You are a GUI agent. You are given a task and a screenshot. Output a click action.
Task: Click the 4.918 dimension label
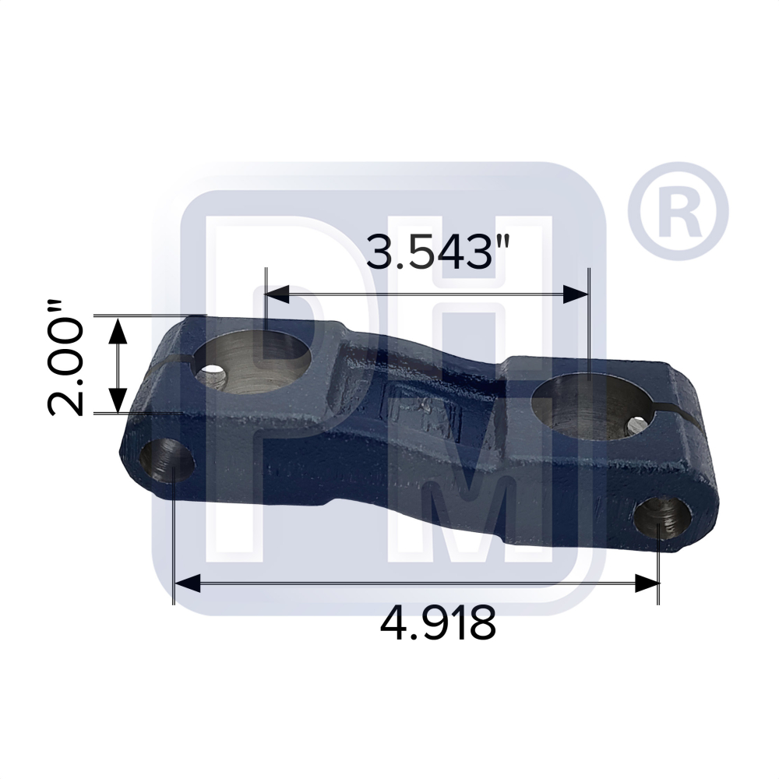pyautogui.click(x=438, y=623)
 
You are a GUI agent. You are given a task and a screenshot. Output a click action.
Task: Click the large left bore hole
pyautogui.click(x=255, y=361)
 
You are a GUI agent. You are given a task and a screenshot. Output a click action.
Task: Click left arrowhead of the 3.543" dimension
pyautogui.click(x=277, y=294)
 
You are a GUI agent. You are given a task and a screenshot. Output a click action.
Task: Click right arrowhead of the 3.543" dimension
pyautogui.click(x=576, y=294)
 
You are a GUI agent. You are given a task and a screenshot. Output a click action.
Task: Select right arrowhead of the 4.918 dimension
pyautogui.click(x=647, y=583)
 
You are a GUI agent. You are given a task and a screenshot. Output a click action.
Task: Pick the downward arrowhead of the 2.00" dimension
pyautogui.click(x=117, y=400)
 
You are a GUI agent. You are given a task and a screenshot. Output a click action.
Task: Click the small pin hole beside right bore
pyautogui.click(x=636, y=425)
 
